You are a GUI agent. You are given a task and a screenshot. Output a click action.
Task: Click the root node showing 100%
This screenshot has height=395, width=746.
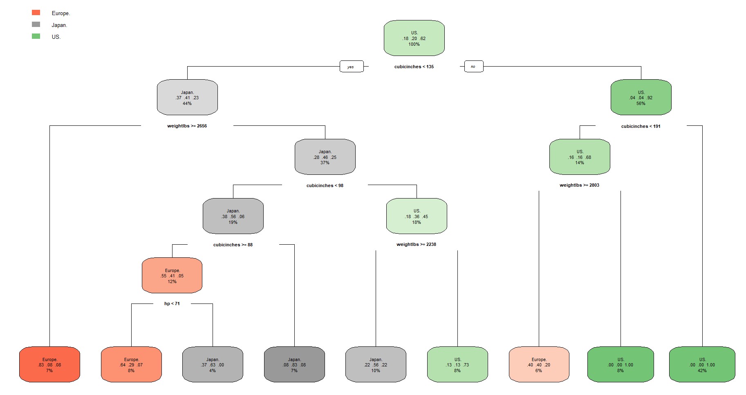point(414,38)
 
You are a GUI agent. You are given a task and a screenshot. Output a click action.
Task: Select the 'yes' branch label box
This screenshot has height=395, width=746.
point(351,67)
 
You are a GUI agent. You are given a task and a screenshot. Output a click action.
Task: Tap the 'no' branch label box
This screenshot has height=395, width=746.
point(473,67)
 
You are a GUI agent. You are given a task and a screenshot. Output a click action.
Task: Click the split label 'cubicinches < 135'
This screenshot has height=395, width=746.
point(414,67)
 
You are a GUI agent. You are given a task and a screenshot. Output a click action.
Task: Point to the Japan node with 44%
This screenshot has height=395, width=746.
point(187,98)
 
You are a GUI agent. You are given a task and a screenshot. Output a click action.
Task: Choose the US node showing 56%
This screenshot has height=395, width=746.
point(641,98)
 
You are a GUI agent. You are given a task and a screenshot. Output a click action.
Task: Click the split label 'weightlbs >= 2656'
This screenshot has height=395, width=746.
point(187,126)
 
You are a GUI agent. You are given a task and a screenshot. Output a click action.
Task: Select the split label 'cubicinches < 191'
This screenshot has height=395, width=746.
point(641,126)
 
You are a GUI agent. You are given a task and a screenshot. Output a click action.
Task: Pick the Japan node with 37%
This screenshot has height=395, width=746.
point(325,157)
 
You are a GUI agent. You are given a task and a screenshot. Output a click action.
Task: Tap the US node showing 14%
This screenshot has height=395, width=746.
point(580,157)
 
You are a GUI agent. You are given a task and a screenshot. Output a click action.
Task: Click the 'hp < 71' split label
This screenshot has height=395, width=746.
point(172,304)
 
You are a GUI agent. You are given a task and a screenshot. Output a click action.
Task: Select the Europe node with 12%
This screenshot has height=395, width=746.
point(172,276)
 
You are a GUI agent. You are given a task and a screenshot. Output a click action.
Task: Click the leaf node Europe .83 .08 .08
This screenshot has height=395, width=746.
point(49,365)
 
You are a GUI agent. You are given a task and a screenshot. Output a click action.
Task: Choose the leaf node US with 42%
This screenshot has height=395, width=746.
point(702,365)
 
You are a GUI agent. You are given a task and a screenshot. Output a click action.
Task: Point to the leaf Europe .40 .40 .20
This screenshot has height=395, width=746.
point(539,365)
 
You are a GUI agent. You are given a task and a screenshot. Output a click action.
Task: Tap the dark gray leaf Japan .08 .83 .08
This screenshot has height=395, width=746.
point(294,365)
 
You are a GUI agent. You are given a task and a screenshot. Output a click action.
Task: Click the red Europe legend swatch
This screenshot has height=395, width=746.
point(36,13)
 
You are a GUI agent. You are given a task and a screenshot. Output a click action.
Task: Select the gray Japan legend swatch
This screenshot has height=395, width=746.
point(36,25)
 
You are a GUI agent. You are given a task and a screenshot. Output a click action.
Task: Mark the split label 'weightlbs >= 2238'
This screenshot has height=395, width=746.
point(416,244)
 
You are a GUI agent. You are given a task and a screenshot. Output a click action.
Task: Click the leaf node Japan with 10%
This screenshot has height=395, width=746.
point(376,365)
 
